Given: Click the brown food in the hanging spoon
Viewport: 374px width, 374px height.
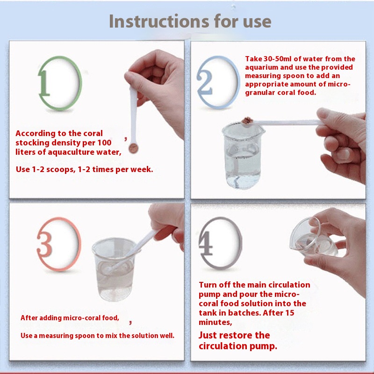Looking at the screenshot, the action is point(133,148).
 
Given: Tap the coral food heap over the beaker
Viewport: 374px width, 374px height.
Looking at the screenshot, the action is point(247,120).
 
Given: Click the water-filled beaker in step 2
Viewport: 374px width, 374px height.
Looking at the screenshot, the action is point(242,156).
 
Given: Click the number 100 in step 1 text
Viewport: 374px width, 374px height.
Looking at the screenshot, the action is point(104,143).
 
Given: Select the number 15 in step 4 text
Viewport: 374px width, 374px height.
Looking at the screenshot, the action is point(289,313).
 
